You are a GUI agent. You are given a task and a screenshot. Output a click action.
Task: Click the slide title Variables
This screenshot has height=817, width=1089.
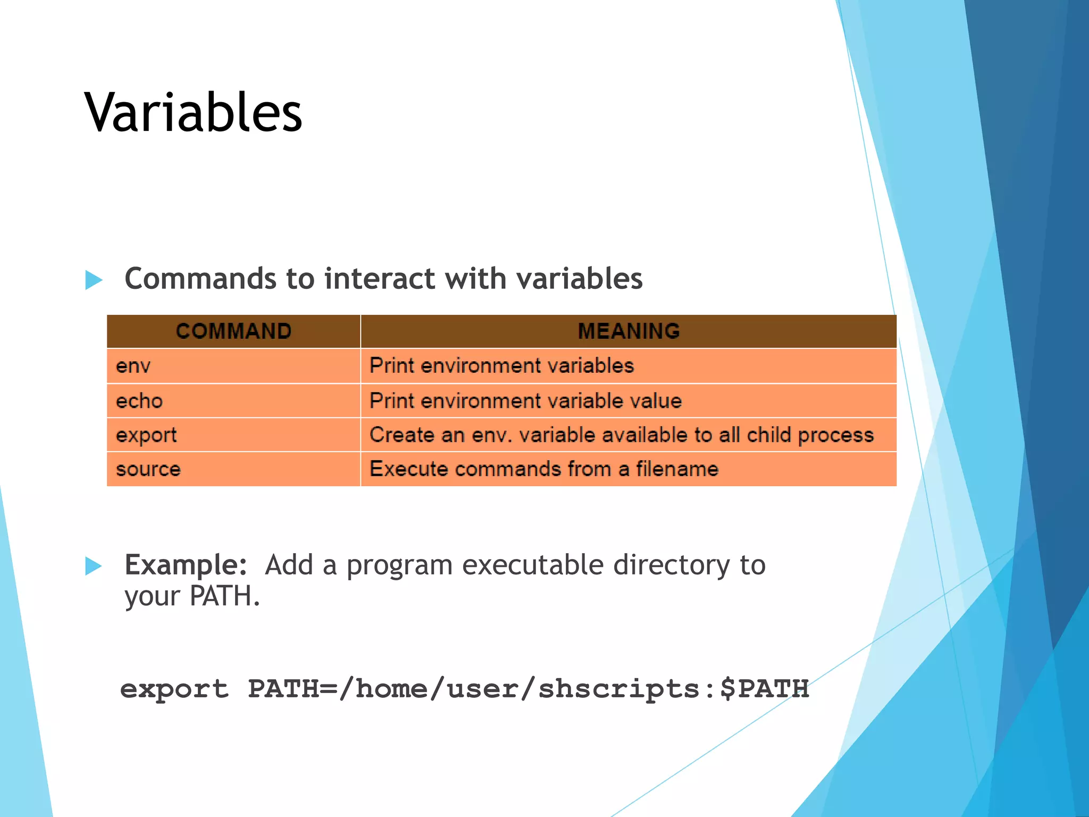click(193, 112)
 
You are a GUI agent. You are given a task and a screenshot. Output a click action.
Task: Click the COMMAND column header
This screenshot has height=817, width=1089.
click(233, 331)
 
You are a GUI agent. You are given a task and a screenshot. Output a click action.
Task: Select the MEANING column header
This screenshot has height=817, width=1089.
click(629, 331)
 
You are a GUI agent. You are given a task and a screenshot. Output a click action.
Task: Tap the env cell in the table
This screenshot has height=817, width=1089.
click(133, 366)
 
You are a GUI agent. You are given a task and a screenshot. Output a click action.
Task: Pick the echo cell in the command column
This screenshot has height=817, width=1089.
click(139, 401)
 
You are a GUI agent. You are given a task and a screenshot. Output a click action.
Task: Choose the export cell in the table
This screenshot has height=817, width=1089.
click(146, 435)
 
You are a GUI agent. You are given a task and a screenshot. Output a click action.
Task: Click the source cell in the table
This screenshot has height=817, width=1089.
click(148, 469)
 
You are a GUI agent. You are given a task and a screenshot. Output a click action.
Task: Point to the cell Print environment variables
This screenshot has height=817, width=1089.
click(501, 366)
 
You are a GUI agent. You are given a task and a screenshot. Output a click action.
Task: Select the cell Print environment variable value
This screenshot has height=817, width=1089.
click(525, 401)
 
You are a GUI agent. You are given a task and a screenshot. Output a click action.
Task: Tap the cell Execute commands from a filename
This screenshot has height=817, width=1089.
click(543, 469)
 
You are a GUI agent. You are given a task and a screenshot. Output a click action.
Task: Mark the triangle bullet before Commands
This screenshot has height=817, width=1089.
click(94, 280)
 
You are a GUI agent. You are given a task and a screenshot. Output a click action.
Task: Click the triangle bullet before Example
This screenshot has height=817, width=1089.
click(94, 566)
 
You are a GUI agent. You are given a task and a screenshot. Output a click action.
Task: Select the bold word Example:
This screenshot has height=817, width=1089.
click(186, 565)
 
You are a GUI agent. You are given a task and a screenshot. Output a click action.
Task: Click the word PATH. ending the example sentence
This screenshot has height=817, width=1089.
click(224, 596)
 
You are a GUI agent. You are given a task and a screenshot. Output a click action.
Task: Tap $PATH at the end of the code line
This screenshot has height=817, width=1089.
click(764, 689)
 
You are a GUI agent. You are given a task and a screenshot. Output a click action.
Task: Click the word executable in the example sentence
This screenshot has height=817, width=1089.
click(532, 565)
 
